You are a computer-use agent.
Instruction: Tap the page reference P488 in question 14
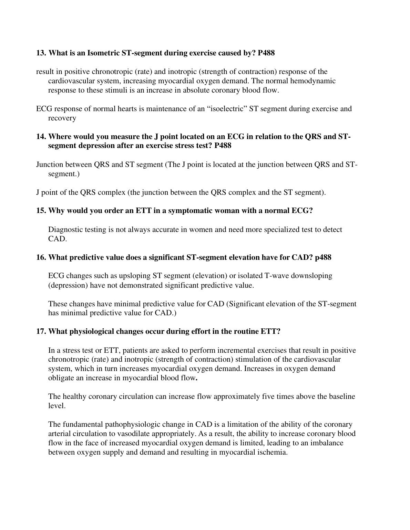pyautogui.click(x=223, y=146)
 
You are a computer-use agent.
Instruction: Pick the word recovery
pyautogui.click(x=62, y=118)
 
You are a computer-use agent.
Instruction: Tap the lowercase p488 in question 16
pyautogui.click(x=323, y=257)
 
